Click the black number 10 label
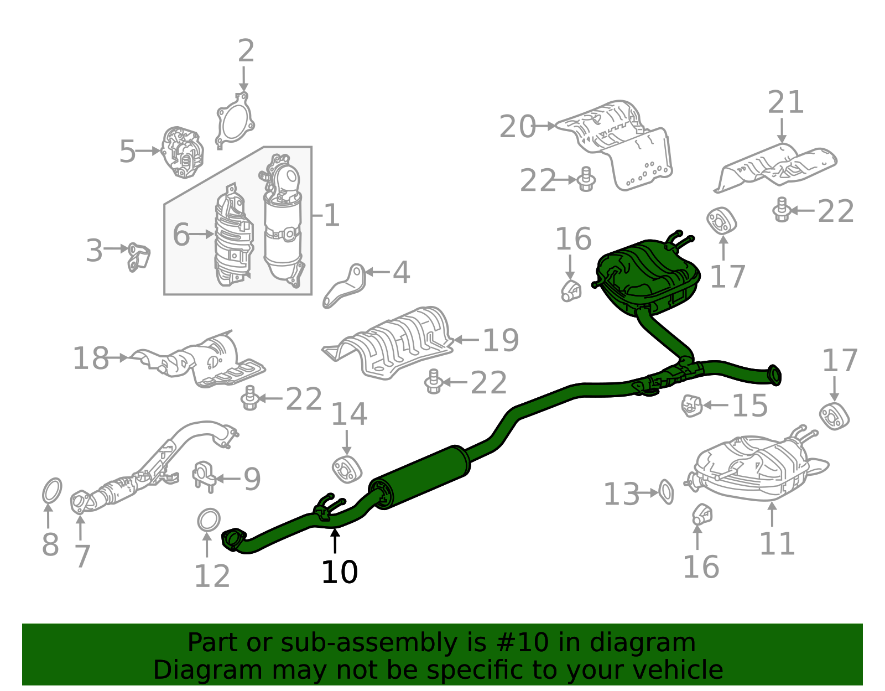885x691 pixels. (x=339, y=572)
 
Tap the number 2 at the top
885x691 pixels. (x=246, y=50)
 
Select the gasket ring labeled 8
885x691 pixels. (x=52, y=491)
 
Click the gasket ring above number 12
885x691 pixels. (x=209, y=521)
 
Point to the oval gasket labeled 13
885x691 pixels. (x=666, y=492)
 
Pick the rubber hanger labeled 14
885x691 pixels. (x=347, y=470)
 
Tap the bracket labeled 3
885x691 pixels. (x=138, y=257)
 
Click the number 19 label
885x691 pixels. (x=501, y=340)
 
